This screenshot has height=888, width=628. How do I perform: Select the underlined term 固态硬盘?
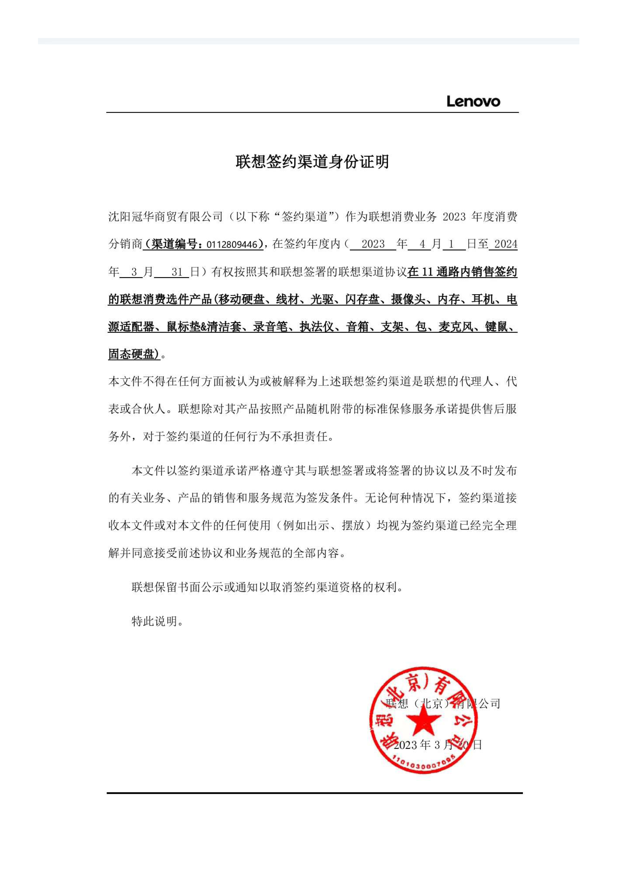pyautogui.click(x=131, y=354)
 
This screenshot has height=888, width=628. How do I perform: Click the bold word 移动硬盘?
pyautogui.click(x=241, y=300)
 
